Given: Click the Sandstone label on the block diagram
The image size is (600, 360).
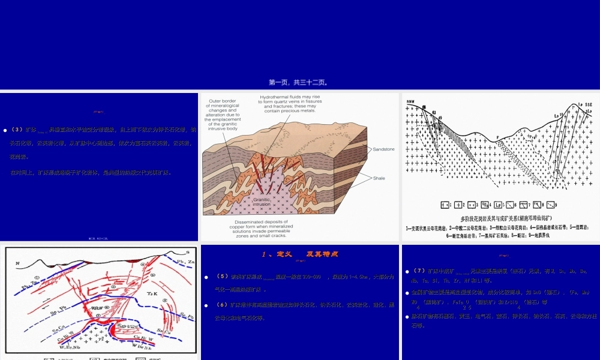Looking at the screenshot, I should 383,149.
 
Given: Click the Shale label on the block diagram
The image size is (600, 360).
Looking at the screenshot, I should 379,178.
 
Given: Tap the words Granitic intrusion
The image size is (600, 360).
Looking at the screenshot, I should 262,202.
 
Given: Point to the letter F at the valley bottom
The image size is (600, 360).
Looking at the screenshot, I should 497,137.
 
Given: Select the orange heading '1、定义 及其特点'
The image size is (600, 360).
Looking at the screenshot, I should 300,254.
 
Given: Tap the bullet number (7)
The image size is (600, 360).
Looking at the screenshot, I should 422,271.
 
